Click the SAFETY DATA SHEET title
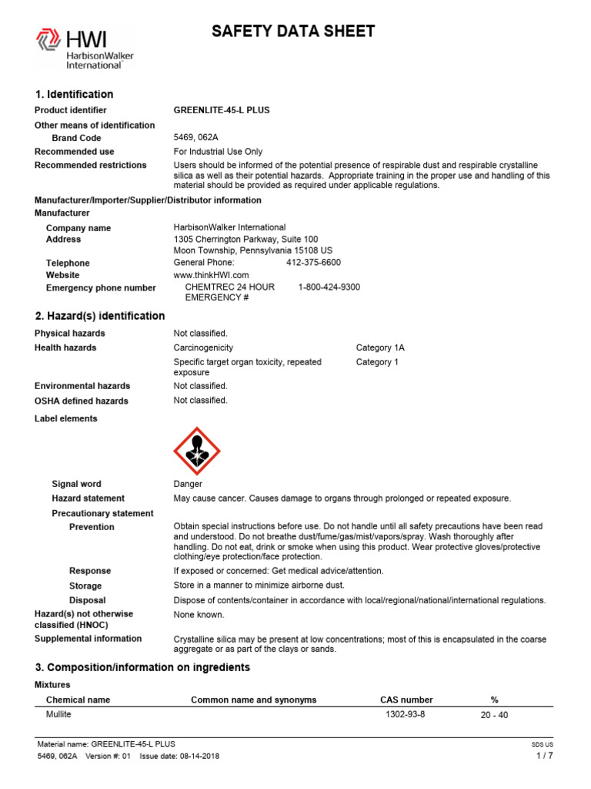293,32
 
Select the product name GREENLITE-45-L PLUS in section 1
222,110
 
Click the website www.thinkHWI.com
212,275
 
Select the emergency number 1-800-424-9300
329,287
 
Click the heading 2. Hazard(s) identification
100,316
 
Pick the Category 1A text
379,348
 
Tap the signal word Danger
188,484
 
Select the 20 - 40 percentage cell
494,715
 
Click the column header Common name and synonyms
253,700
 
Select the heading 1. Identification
74,94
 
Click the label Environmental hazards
82,386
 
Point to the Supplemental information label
88,639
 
